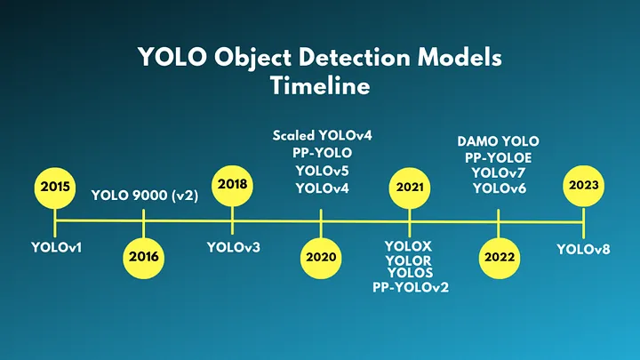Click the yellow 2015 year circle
coord(55,188)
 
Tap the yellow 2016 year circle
coord(143,256)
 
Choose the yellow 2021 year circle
coord(409,188)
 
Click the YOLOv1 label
coord(56,246)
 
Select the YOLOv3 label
coord(233,246)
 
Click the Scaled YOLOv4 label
coord(322,136)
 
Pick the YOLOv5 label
coord(322,171)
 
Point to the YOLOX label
coord(409,246)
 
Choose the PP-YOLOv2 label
coord(410,286)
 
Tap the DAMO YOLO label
coord(498,141)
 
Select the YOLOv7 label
coord(498,172)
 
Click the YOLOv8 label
coord(583,249)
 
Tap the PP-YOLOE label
coord(498,157)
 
